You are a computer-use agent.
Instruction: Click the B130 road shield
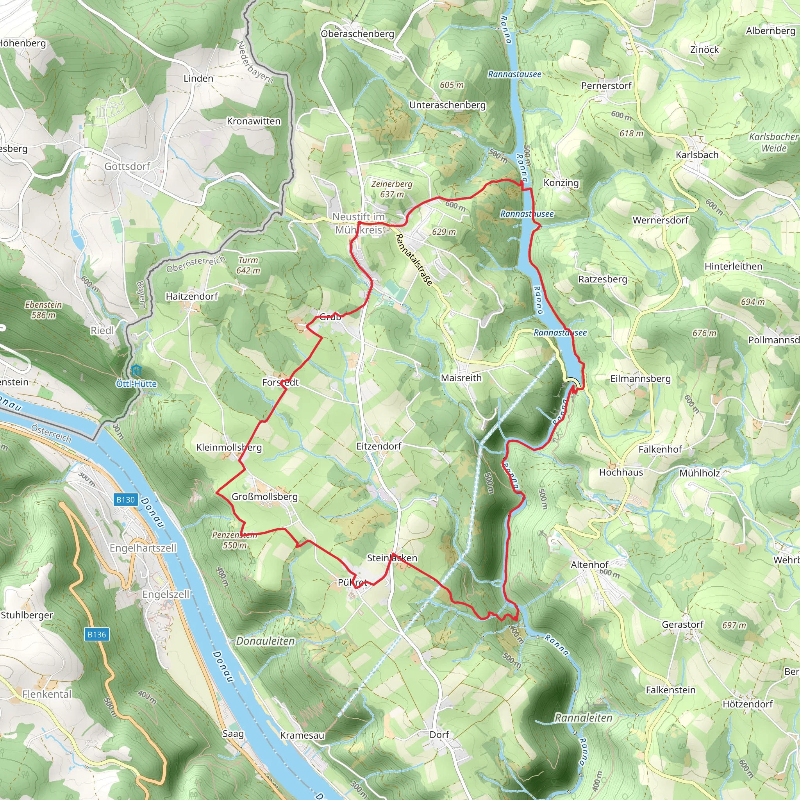click(125, 500)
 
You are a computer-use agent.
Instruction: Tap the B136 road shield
click(97, 634)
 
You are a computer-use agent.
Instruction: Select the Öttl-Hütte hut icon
click(136, 370)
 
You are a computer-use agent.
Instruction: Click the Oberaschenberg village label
click(357, 34)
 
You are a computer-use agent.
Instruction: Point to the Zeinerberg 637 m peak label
click(392, 189)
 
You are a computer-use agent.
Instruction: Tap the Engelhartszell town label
click(143, 548)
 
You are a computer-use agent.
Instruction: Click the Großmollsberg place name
click(264, 496)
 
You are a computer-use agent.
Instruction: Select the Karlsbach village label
click(697, 155)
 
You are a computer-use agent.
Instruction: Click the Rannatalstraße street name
click(414, 260)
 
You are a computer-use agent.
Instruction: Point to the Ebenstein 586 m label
click(43, 310)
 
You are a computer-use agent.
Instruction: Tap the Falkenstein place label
click(671, 690)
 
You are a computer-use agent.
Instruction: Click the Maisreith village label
click(461, 378)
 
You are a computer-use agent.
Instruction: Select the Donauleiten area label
click(265, 641)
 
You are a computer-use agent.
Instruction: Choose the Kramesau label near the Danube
click(302, 736)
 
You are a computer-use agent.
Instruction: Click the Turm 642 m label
click(248, 265)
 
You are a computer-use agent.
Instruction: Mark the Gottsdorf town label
click(127, 166)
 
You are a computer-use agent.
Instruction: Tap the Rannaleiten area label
click(584, 718)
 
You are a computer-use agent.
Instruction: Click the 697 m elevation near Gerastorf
click(734, 625)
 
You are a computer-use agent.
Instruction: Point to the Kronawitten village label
click(254, 121)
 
